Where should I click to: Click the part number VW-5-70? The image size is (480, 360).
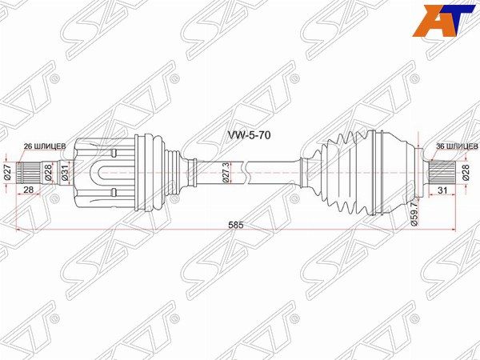(250, 136)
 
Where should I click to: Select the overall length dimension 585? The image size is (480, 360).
(235, 226)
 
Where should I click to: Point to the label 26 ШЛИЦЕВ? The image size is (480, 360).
(50, 146)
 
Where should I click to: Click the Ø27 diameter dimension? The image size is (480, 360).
(7, 171)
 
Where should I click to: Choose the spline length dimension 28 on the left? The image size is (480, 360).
(29, 190)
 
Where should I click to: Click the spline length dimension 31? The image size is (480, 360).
(441, 190)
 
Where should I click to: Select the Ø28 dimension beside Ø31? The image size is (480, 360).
(48, 171)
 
